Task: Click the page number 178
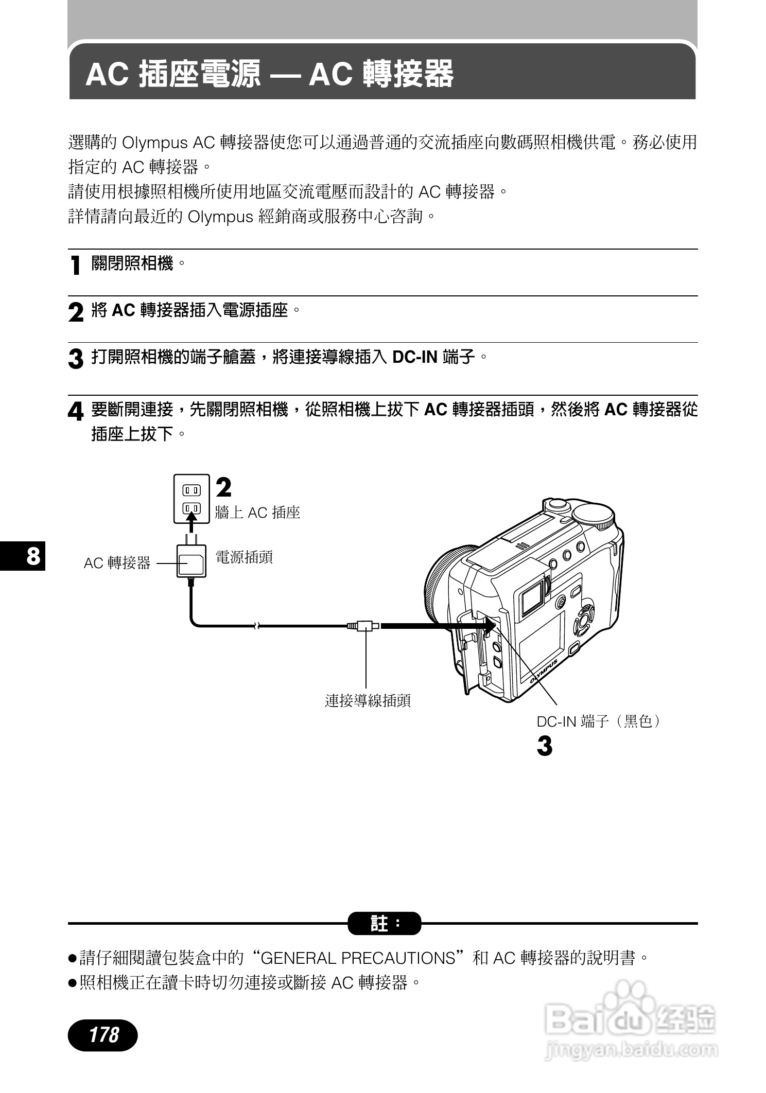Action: point(103,1034)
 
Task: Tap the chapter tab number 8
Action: point(32,556)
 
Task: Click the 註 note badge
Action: point(384,923)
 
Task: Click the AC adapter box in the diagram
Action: point(191,562)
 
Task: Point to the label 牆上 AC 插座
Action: point(257,513)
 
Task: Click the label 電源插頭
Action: point(244,557)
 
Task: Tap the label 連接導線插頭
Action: point(368,700)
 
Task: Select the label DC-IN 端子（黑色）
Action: point(598,721)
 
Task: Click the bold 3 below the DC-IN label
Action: point(544,746)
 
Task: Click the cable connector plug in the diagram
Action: point(364,626)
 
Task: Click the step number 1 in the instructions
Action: point(76,266)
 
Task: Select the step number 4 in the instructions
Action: point(76,412)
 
